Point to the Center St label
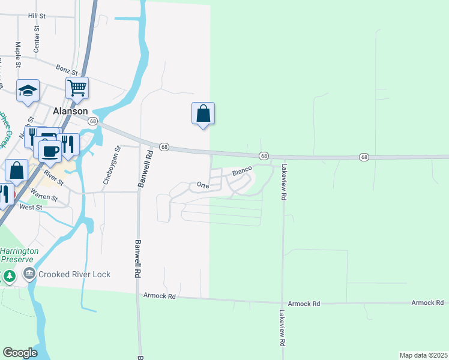click(37, 38)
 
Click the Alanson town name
click(70, 111)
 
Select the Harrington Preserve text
click(19, 255)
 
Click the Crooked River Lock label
click(74, 274)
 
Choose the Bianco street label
click(241, 172)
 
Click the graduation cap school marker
click(28, 90)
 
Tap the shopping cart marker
click(77, 88)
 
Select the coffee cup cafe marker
click(50, 149)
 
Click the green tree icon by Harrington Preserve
click(9, 276)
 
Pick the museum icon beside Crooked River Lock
click(29, 274)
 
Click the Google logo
click(20, 353)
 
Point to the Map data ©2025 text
click(423, 355)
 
